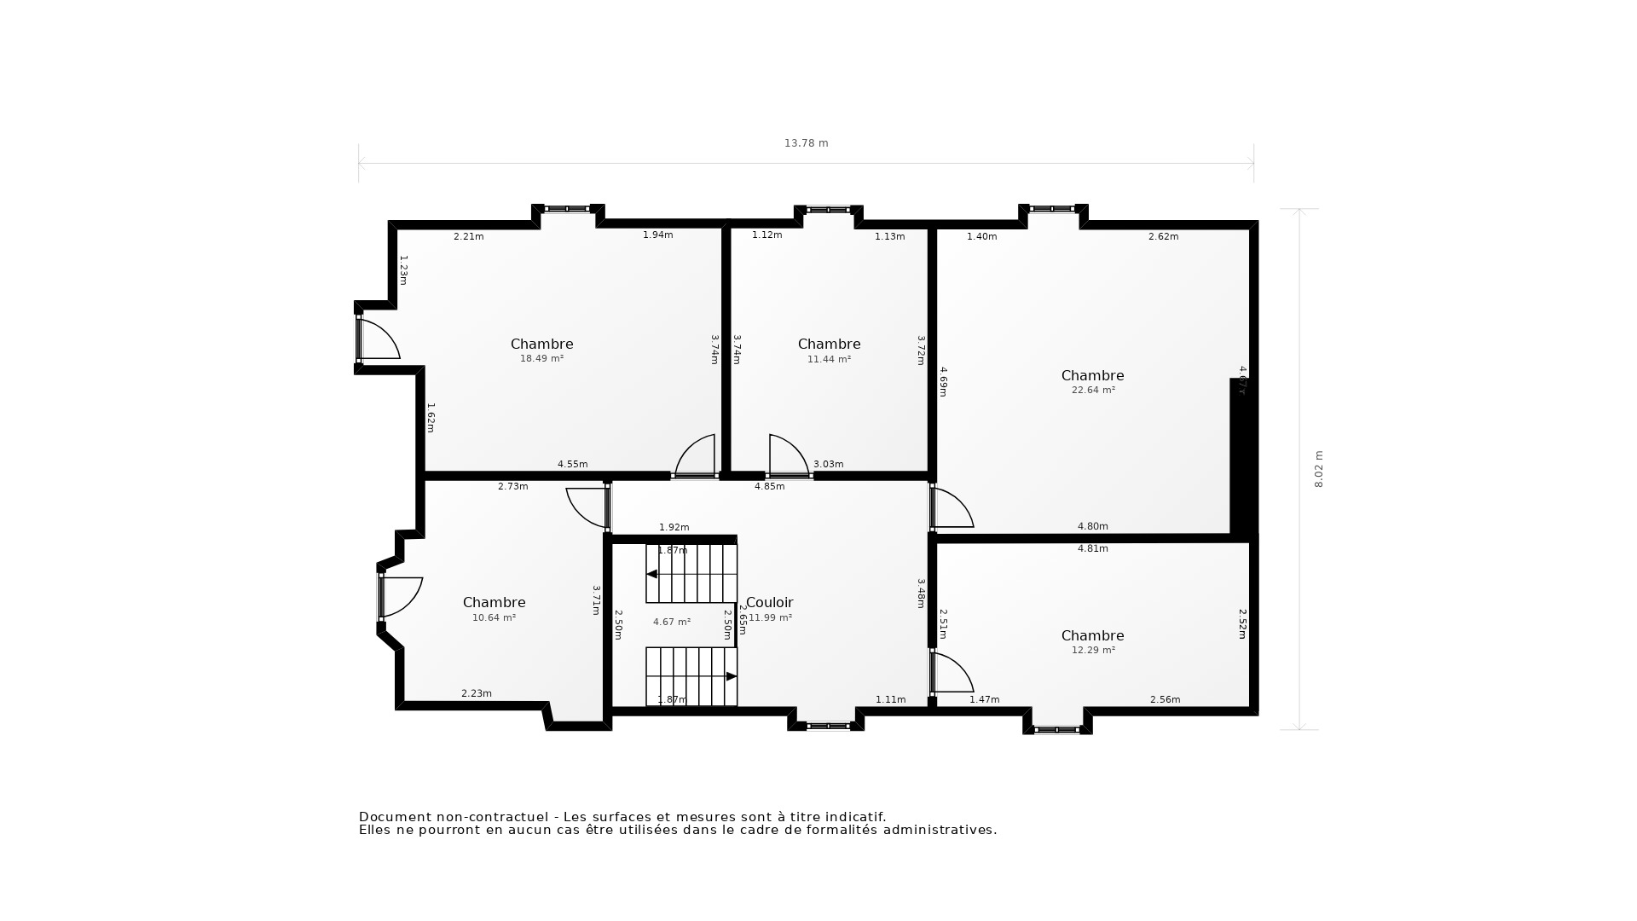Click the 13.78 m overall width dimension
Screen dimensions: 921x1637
tap(806, 143)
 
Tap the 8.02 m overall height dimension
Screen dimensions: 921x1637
tap(1318, 469)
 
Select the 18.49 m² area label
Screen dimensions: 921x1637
tap(541, 359)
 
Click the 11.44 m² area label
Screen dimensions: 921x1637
tap(829, 359)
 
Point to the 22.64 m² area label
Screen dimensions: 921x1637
tap(1093, 391)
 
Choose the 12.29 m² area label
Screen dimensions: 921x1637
tap(1093, 650)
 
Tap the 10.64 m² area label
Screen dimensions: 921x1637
tap(494, 617)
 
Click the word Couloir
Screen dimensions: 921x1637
tap(770, 602)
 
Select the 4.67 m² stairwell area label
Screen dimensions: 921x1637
tap(672, 623)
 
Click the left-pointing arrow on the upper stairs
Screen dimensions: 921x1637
tap(652, 574)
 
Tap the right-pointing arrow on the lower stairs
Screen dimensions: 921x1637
tap(731, 676)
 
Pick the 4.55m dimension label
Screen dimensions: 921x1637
tap(572, 464)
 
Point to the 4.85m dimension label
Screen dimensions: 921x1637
tap(769, 486)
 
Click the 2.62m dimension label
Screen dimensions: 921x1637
tap(1163, 236)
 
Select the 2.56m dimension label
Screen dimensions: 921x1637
tap(1165, 699)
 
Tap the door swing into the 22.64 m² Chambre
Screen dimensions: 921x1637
tap(951, 508)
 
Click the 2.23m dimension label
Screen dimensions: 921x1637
tap(476, 693)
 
